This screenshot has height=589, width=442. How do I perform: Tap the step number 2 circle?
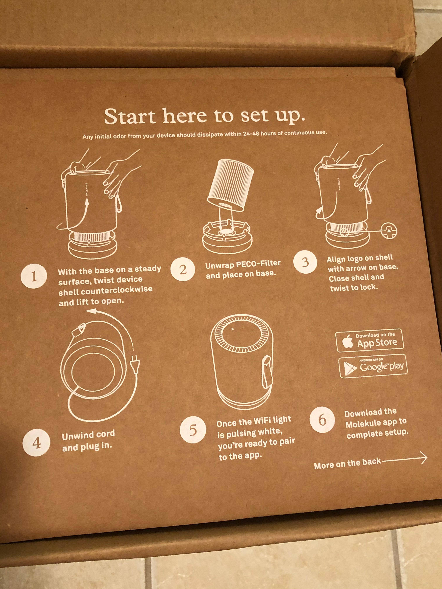click(183, 270)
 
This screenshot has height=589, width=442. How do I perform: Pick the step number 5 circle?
click(193, 430)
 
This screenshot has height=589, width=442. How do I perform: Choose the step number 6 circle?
click(322, 420)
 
